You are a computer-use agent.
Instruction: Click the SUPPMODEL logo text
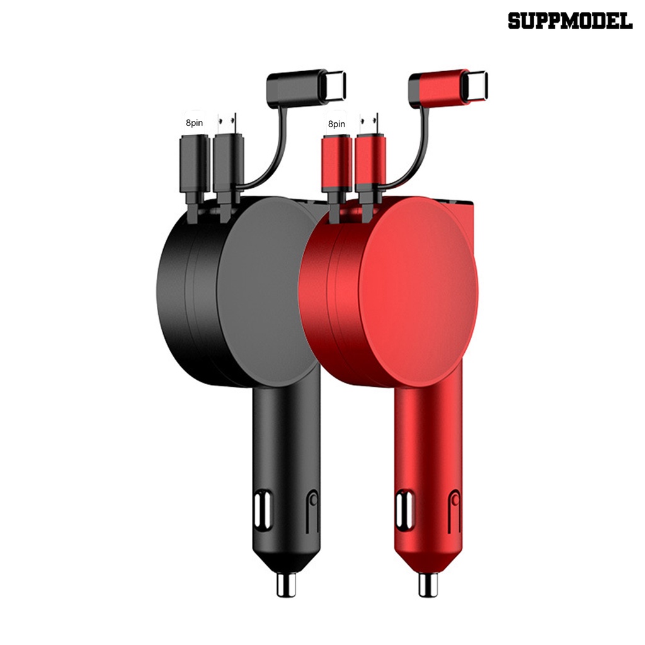point(569,21)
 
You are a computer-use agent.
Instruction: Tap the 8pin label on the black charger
point(194,123)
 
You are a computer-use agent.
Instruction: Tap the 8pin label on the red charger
point(336,124)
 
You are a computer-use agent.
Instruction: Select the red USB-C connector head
point(448,86)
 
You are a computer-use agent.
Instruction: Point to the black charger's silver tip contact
point(287,585)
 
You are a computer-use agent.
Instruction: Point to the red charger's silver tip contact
point(428,585)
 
